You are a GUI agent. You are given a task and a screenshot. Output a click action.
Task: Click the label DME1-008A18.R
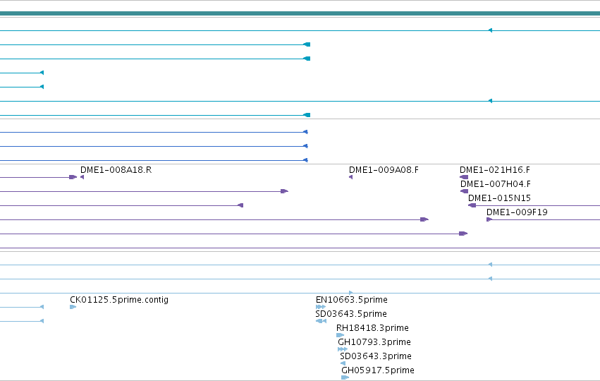[116, 169]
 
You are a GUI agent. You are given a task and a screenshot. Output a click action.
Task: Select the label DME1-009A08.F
[384, 169]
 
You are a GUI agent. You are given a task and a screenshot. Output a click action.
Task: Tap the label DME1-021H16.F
[495, 169]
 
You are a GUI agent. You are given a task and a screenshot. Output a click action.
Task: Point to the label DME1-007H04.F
[496, 184]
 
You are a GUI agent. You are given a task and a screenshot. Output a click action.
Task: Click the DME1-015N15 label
[499, 198]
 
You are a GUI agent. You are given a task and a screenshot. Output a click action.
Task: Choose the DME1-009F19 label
[517, 212]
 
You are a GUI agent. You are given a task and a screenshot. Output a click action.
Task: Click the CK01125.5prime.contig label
[119, 299]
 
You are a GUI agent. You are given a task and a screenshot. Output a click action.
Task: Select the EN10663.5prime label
[352, 299]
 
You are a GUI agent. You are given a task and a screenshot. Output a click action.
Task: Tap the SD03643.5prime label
[351, 313]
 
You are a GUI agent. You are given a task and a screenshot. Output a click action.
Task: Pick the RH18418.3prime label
[372, 328]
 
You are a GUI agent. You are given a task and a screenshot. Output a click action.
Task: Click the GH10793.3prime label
[374, 342]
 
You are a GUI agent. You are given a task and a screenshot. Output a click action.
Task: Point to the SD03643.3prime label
[376, 356]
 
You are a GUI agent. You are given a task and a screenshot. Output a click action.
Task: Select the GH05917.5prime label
[378, 370]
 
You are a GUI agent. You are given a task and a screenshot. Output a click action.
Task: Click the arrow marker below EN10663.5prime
[321, 307]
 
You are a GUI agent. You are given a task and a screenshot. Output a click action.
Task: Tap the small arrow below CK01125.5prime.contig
[73, 307]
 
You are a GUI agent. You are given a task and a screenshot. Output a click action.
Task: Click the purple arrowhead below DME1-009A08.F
[350, 177]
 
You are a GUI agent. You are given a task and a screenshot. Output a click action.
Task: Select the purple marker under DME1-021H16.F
[464, 177]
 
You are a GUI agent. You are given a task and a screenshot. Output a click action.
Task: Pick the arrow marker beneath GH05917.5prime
[345, 377]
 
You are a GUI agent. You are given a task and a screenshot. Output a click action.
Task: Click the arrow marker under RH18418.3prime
[340, 335]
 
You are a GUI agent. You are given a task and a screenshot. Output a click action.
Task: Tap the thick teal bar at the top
[300, 13]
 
